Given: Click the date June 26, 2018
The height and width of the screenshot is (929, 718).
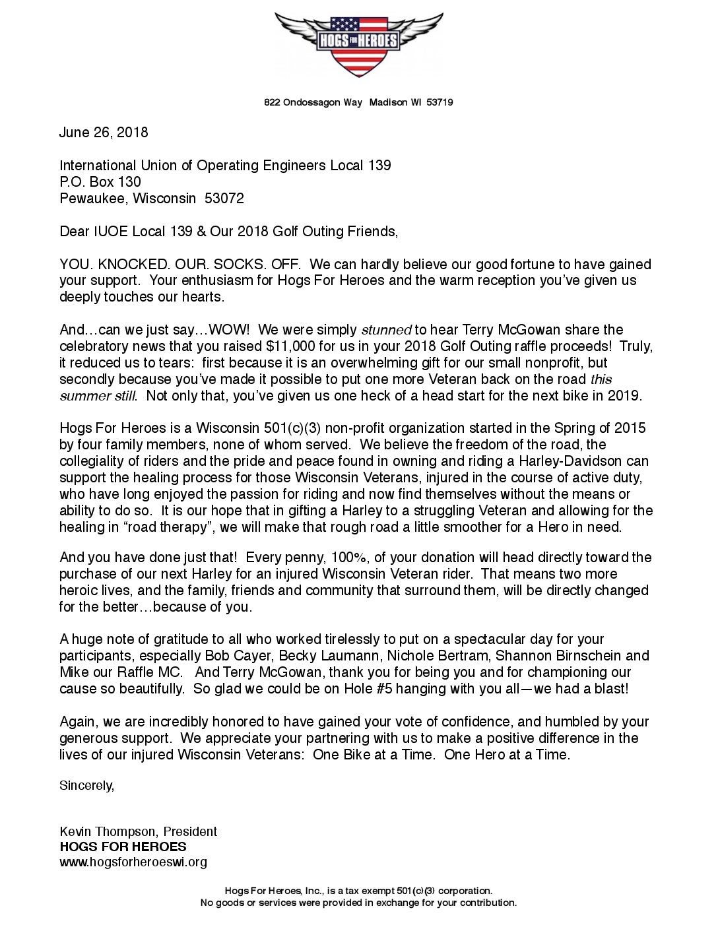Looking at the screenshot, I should [x=104, y=132].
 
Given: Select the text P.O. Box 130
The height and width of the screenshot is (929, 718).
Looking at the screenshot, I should [x=100, y=181].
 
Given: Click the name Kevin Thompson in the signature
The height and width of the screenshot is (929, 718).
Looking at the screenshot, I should [x=109, y=831].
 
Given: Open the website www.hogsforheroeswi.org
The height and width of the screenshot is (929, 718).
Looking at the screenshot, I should [x=133, y=862].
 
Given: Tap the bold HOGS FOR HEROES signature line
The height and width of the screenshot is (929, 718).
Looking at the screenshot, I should [x=123, y=847].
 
